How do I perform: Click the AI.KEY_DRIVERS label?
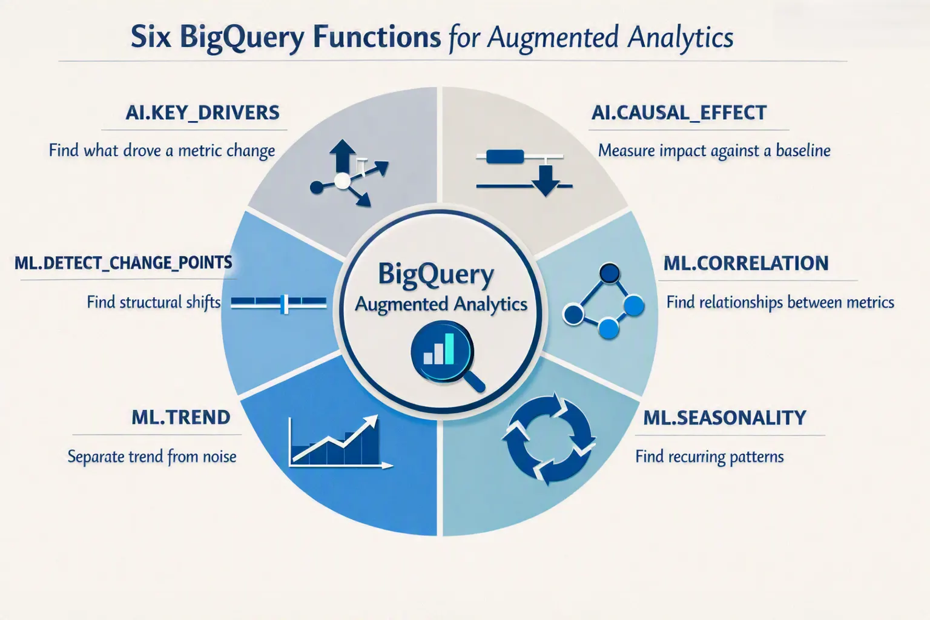[203, 113]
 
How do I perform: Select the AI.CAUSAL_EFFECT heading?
[679, 113]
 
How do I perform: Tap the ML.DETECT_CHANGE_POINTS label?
[124, 263]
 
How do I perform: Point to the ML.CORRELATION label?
[746, 263]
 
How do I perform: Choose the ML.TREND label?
[181, 417]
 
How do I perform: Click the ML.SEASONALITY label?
[725, 417]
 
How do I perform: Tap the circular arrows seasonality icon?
[549, 440]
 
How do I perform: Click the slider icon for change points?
[279, 303]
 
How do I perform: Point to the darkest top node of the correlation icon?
[610, 273]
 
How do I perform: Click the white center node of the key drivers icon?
[343, 181]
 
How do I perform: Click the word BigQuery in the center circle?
[436, 275]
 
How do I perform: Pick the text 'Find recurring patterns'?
[710, 457]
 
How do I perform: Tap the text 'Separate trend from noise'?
[152, 457]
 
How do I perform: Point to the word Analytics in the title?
[681, 38]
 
